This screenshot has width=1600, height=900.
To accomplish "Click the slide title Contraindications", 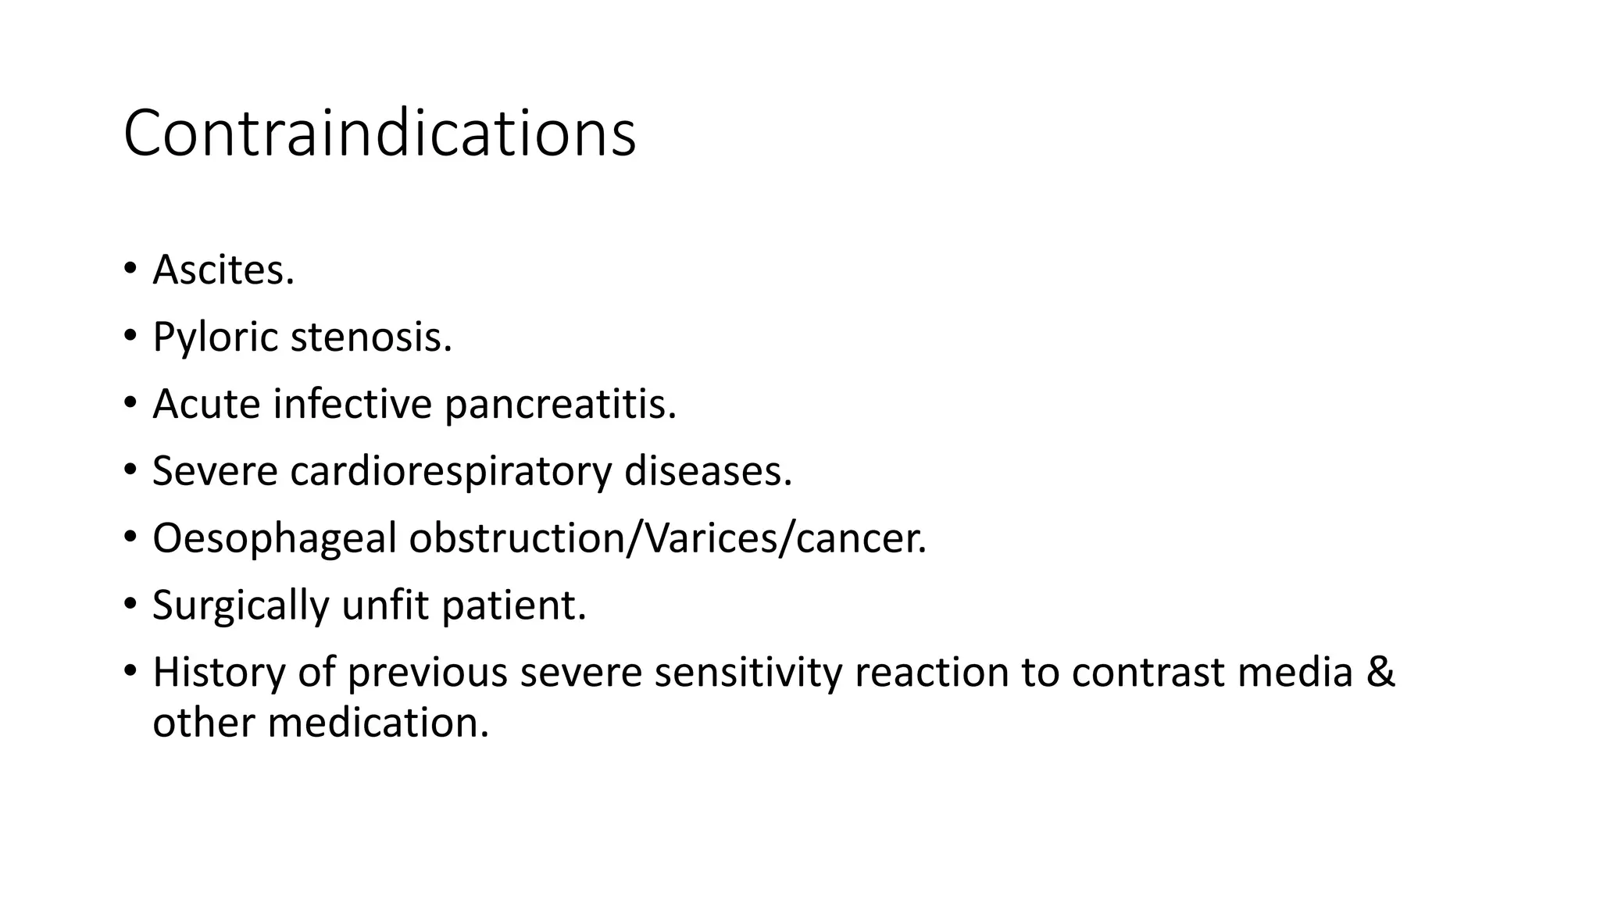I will click(380, 134).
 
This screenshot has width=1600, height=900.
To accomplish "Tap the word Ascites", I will click(223, 270).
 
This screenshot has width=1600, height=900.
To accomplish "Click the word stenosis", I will click(371, 337).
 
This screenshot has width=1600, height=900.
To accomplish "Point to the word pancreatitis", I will click(560, 404).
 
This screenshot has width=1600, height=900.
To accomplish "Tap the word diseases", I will click(708, 471).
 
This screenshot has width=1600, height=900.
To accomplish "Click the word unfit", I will click(386, 605).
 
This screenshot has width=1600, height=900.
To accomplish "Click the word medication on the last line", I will click(378, 722).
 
